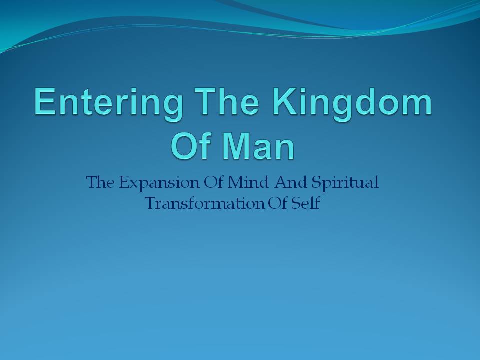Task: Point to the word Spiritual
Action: point(345,183)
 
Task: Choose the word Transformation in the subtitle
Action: point(205,203)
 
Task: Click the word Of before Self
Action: point(278,203)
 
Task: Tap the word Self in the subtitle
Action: point(305,203)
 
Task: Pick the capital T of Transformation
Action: point(152,203)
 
